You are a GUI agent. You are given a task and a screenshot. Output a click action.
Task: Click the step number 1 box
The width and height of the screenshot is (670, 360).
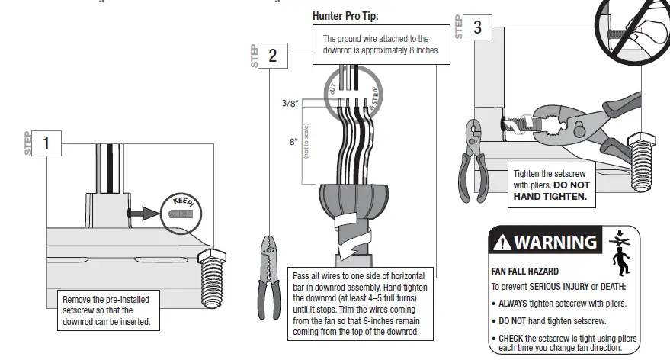click(x=46, y=143)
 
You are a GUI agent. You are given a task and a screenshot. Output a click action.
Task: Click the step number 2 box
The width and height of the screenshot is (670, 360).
click(x=273, y=55)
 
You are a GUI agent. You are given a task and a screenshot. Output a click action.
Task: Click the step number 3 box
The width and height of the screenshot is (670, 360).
click(x=478, y=27)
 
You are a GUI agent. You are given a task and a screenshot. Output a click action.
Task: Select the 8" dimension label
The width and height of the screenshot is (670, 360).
click(x=293, y=141)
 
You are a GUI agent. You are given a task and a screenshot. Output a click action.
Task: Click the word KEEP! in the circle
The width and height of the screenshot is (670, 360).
click(x=184, y=201)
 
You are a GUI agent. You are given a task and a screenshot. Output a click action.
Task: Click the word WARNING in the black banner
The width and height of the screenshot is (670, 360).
click(x=556, y=243)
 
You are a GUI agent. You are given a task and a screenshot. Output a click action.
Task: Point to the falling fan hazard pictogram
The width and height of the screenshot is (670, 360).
click(x=620, y=252)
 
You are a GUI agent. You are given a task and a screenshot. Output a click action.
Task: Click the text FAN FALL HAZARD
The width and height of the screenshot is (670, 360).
click(x=525, y=271)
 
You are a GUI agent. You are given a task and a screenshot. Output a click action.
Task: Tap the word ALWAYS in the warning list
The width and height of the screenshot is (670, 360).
click(x=520, y=303)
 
